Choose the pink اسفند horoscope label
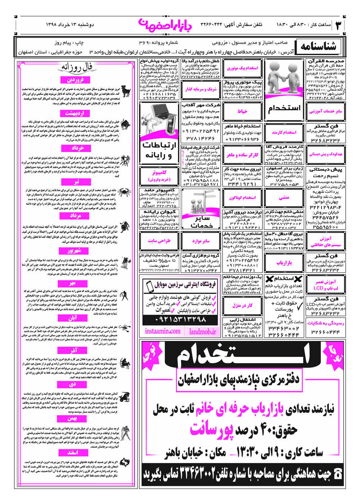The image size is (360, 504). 72,453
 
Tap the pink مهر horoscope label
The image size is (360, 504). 72,284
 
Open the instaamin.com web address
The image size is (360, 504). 163,331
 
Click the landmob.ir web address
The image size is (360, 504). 203,331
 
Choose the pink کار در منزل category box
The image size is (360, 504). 242,306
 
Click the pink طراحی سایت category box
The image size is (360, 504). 159,241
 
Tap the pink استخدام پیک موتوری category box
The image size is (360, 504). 242,68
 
